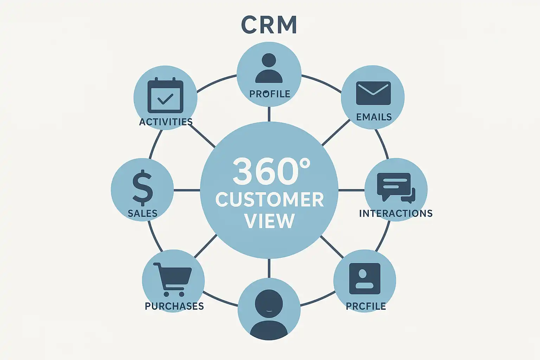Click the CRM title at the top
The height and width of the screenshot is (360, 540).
pos(269,25)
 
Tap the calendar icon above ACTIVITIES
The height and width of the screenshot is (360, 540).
pos(165,95)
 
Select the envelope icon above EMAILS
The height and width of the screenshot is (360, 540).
pos(373,93)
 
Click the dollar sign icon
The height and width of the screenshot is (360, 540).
pos(142,187)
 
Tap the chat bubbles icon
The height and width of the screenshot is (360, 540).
pos(396,187)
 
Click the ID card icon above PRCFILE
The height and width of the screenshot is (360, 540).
pos(365,278)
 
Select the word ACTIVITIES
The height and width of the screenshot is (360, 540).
pos(166,122)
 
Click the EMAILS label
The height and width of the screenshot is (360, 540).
pos(374,117)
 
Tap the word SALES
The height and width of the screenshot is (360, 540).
pos(142,213)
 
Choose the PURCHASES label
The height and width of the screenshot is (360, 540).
pos(174,306)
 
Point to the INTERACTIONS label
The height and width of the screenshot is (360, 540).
pos(396,213)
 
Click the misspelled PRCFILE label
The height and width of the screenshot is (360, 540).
pos(366,306)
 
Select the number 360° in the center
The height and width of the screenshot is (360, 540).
pos(271,171)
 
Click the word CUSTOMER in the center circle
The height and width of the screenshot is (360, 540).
pos(269,200)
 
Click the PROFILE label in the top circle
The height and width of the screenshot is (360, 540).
pos(270,94)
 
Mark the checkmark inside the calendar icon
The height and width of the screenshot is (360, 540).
pos(165,99)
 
